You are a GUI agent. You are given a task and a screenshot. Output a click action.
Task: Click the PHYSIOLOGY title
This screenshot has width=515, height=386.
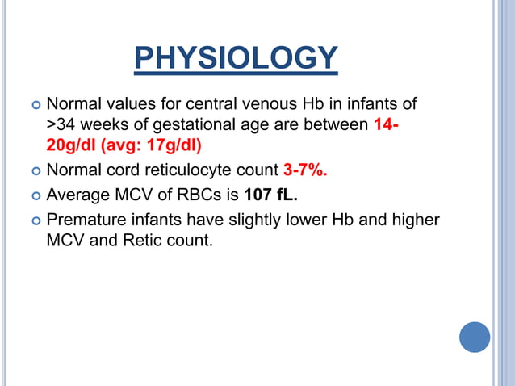click(235, 57)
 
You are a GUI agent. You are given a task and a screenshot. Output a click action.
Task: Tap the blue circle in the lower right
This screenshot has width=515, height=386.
click(475, 337)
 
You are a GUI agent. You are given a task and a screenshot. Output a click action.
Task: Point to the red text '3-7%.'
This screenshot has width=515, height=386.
click(305, 170)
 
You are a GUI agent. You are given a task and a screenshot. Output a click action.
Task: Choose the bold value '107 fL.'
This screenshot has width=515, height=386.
click(270, 195)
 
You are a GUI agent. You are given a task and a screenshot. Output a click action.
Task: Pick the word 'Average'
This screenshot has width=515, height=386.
click(79, 195)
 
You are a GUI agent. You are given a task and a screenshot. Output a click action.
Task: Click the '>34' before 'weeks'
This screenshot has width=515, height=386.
click(61, 126)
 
